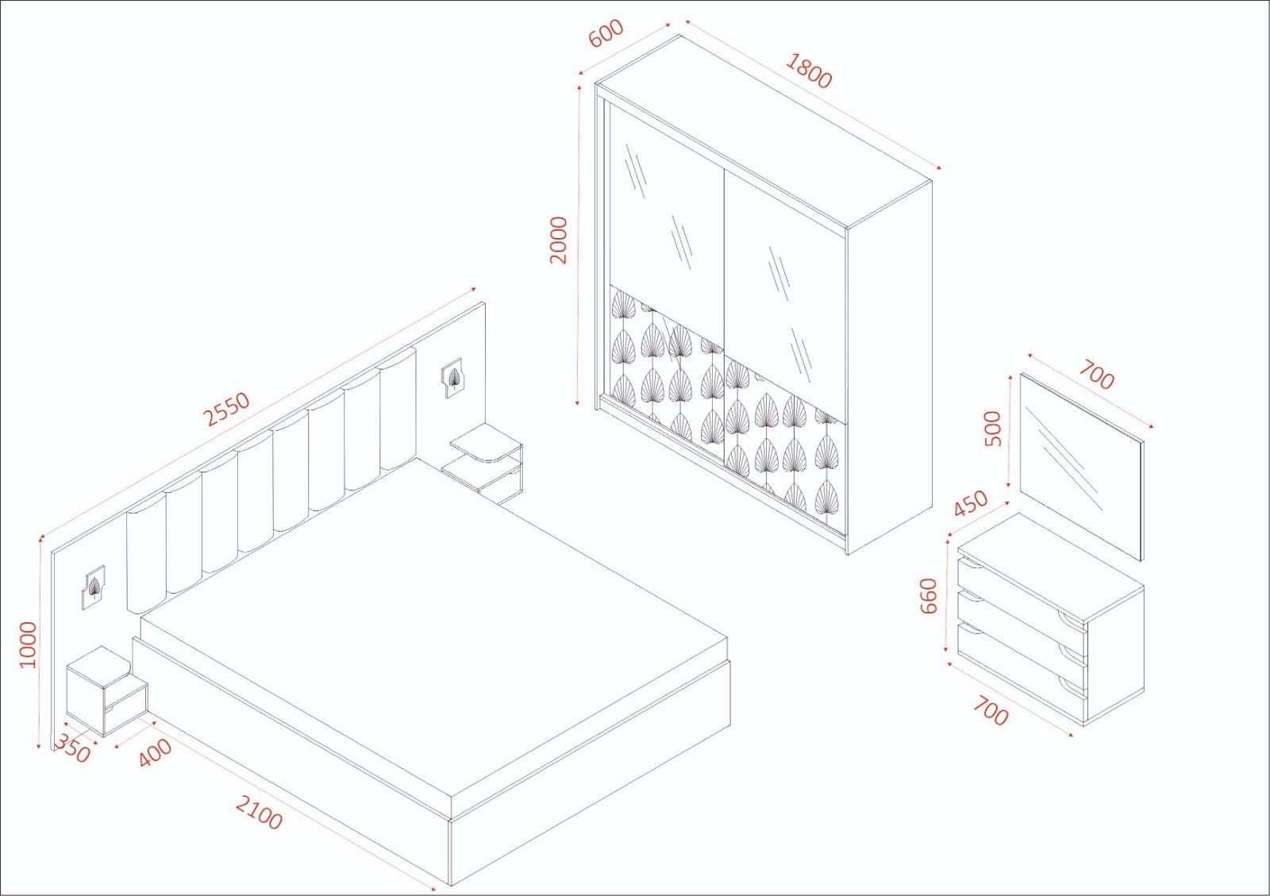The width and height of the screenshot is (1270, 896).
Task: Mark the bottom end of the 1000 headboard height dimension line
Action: pyautogui.click(x=39, y=749)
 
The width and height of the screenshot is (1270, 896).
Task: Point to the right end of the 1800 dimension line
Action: pyautogui.click(x=941, y=168)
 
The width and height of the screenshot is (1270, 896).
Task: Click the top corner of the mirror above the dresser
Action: pyautogui.click(x=1021, y=372)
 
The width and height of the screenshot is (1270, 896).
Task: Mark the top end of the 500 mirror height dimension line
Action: pyautogui.click(x=1010, y=376)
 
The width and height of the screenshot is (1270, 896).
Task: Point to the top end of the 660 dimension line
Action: pyautogui.click(x=948, y=536)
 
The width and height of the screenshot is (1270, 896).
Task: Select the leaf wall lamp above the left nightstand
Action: pyautogui.click(x=94, y=588)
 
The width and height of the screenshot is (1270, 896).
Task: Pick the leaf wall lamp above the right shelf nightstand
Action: pyautogui.click(x=452, y=377)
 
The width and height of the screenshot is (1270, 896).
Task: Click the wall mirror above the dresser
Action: pyautogui.click(x=1082, y=466)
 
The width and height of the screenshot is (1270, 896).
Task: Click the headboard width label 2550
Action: pyautogui.click(x=227, y=409)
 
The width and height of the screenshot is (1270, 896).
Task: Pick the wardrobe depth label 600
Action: pyautogui.click(x=606, y=33)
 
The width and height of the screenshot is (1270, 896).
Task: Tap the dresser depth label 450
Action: pyautogui.click(x=971, y=503)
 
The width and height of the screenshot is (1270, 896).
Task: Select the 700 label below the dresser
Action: pyautogui.click(x=991, y=710)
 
